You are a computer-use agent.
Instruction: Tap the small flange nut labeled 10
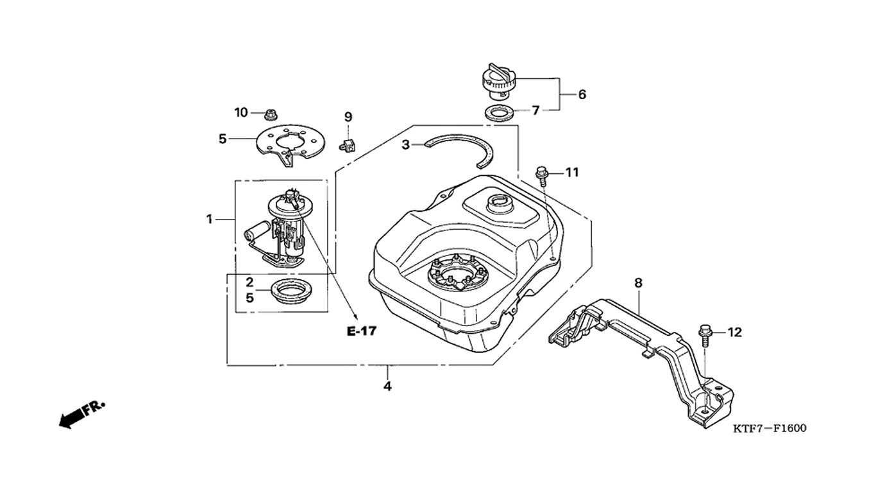tap(269, 114)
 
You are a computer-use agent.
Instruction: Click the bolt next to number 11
tap(543, 177)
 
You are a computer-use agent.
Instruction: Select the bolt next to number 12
tap(705, 335)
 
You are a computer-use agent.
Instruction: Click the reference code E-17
tap(362, 332)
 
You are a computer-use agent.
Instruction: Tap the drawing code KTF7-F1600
tap(770, 428)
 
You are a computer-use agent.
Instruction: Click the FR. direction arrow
tap(81, 415)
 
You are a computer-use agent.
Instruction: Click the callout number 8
tap(638, 282)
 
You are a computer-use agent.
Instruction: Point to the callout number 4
tap(387, 386)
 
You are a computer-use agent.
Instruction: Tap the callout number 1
tap(210, 220)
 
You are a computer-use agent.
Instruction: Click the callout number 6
tap(582, 94)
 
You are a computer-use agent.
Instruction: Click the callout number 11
tap(572, 172)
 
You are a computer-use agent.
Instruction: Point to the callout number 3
tap(405, 145)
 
